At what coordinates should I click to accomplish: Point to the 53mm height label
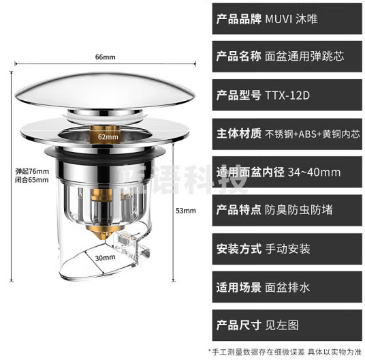point(185,211)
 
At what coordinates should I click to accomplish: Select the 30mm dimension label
point(105,258)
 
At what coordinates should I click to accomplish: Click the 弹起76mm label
point(32,170)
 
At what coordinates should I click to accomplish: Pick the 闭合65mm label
point(32,180)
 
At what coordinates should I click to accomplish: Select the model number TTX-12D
point(287,95)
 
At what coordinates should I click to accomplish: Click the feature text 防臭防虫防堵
point(299,209)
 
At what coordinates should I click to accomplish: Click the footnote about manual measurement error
point(286,350)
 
